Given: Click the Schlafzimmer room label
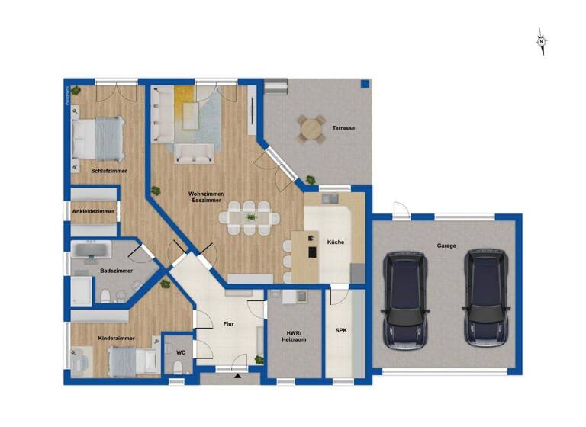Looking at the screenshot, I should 108,172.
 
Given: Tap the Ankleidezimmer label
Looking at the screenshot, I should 94,210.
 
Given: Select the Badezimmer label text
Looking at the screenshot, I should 116,271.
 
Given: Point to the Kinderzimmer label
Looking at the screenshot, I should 116,336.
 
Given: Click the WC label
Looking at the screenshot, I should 181,352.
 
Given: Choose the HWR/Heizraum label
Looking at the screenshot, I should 295,336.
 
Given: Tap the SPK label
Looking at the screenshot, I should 341,331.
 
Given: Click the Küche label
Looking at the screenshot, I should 336,242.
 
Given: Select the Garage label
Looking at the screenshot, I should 447,246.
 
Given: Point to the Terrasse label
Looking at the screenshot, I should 343,128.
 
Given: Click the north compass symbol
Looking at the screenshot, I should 541,41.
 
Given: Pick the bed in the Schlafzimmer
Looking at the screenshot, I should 97,140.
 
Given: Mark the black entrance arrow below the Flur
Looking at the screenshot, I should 237,375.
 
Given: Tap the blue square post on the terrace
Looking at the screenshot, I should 365,83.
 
